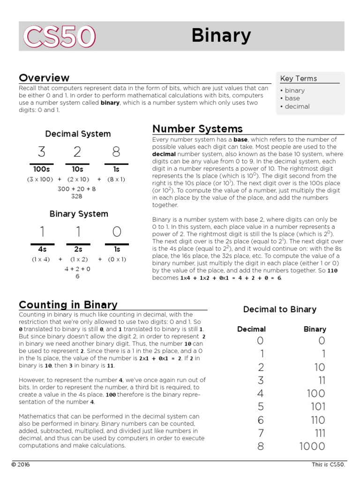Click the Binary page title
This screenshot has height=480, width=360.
221,36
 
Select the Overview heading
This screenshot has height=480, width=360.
44,78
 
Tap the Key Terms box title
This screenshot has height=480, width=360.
299,78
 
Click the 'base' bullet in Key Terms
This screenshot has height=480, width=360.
291,98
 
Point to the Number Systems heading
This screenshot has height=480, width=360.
197,128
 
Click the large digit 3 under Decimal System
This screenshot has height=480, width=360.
42,152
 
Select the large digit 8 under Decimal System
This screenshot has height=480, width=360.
116,152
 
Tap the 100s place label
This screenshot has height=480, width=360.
42,169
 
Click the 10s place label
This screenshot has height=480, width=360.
78,169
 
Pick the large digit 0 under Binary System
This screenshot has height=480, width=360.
117,232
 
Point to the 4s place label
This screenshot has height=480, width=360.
42,249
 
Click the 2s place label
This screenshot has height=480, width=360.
78,249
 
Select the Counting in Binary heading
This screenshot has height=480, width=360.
68,305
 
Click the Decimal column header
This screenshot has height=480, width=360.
251,329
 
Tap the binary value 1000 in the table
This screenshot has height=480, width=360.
312,446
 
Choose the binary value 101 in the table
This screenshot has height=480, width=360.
318,406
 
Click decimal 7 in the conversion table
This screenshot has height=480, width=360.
261,433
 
